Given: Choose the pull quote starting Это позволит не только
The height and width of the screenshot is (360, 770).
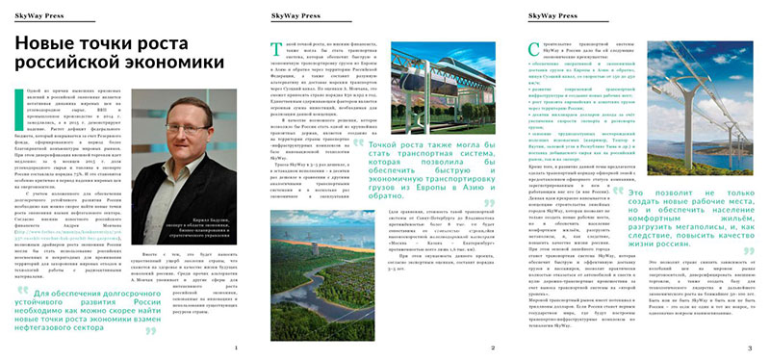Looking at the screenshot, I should pos(690,224).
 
